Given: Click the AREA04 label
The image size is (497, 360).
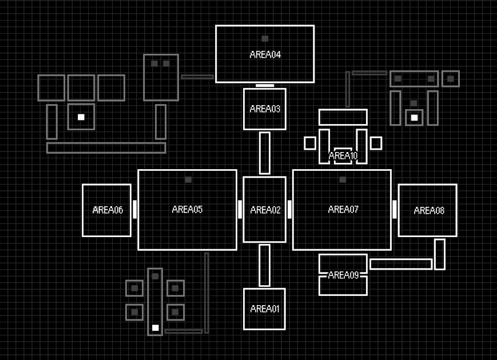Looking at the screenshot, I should point(265,55).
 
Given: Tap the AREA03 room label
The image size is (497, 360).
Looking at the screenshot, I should point(265,109).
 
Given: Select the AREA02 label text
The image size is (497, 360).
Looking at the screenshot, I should point(265,210).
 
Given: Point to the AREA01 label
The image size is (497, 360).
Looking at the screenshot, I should point(265,309).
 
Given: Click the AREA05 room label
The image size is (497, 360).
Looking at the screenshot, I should point(187,210).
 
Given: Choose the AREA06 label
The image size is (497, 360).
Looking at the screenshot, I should point(108,210).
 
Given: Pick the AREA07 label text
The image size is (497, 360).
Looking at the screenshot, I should point(343,210).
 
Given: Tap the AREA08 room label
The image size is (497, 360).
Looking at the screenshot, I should point(429,211).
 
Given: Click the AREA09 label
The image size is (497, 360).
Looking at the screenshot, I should point(343,275).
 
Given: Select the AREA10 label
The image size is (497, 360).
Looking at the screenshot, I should point(343,155).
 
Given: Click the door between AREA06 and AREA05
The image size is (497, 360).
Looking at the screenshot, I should point(135,209).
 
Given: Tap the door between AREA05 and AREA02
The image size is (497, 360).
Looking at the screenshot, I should point(240,209).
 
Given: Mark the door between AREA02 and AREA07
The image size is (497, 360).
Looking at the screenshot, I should point(289,209).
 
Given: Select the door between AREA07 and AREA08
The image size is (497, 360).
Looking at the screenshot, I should point(395,209).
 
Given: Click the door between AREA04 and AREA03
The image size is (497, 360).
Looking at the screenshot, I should point(265,86).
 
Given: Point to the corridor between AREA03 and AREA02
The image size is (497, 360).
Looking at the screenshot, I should point(265,153).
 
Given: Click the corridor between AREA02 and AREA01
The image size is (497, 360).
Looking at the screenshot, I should point(265,265).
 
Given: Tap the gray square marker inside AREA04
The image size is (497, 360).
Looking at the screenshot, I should point(265,39).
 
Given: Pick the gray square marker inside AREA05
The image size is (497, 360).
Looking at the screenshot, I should point(188,179).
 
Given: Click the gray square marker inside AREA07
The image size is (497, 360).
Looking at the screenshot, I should point(343,179).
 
